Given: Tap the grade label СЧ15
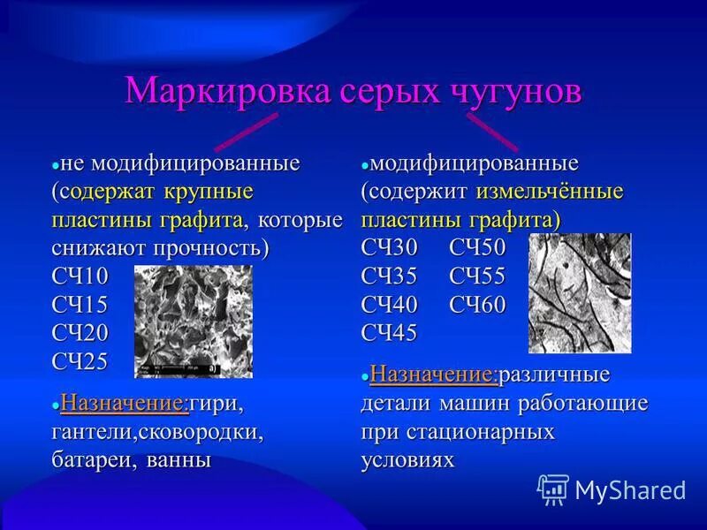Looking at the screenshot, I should pos(79,305).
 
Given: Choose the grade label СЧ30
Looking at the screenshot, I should pos(389,248).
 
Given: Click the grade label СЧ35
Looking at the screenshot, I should pos(389,276).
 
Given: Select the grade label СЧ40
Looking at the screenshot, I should pos(389,305).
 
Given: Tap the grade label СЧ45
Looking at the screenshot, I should pos(389,333).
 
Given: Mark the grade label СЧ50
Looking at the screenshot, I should pos(477,248).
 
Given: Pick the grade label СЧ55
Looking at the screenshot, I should pos(477,276).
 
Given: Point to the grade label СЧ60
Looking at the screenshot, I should pos(477,305).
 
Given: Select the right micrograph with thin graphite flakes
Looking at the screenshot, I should pos(580,292).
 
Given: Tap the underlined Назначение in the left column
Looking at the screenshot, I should pos(124,405).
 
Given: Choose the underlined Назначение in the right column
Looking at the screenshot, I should pos(435,375).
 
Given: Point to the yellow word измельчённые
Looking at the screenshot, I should pos(550,192).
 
